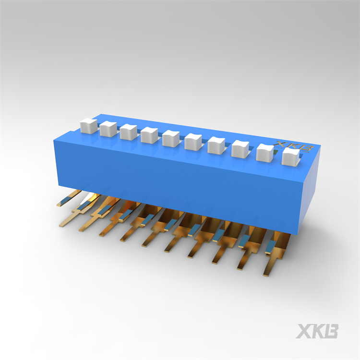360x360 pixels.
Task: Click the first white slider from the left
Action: pyautogui.click(x=89, y=126)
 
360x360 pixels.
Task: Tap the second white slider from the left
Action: pyautogui.click(x=108, y=129)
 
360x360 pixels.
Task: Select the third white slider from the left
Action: pyautogui.click(x=128, y=132)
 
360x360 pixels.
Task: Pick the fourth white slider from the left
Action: pyautogui.click(x=149, y=135)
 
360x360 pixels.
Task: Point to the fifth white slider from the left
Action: pyautogui.click(x=171, y=138)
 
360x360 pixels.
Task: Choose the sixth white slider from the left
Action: pyautogui.click(x=193, y=142)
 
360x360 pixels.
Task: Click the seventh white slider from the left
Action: pyautogui.click(x=216, y=145)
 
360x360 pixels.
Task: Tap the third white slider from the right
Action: pyautogui.click(x=240, y=149)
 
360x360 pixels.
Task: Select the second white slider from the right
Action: pyautogui.click(x=265, y=153)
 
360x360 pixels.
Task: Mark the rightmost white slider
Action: pyautogui.click(x=291, y=157)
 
